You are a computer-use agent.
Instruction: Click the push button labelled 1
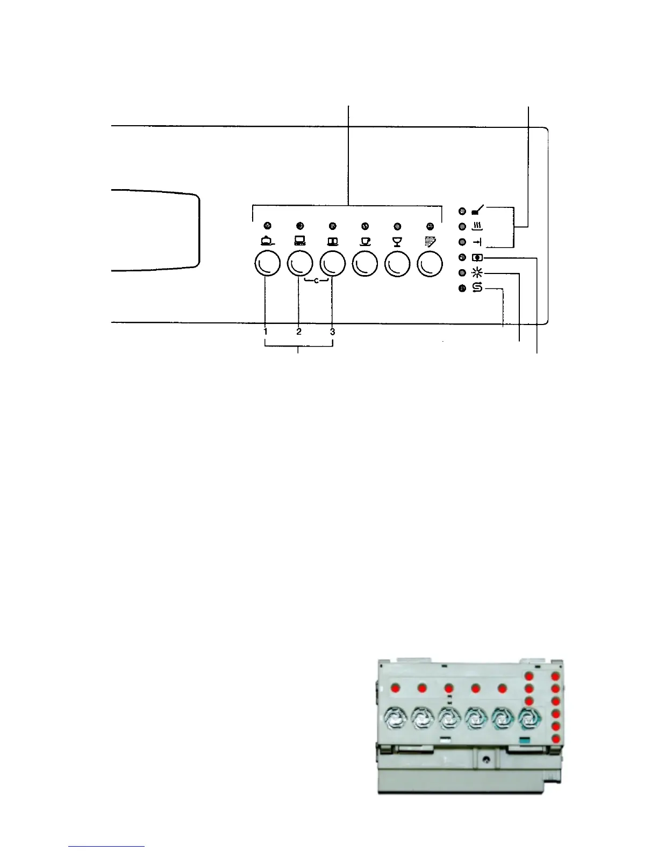click(x=267, y=264)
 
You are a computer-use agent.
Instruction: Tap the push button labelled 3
click(x=332, y=264)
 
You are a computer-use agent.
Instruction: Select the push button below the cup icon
click(x=365, y=264)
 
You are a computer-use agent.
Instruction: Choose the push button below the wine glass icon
click(x=398, y=264)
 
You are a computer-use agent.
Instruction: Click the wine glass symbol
click(x=397, y=242)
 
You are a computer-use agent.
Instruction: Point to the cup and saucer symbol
click(x=365, y=242)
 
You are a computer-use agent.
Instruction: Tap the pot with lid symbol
click(x=267, y=242)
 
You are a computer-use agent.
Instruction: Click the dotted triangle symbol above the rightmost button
click(x=430, y=242)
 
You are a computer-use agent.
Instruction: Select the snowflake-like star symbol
click(x=477, y=273)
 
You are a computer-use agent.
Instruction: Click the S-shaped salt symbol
click(x=477, y=289)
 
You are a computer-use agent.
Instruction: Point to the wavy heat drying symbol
click(x=477, y=227)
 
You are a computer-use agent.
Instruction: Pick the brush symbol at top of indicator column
click(x=477, y=211)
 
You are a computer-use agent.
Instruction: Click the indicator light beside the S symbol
click(x=462, y=289)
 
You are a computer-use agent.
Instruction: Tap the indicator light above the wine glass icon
click(x=397, y=226)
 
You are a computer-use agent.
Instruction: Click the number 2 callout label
click(x=299, y=332)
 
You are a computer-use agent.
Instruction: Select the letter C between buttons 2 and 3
click(x=316, y=280)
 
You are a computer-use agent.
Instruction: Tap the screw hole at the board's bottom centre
click(x=486, y=759)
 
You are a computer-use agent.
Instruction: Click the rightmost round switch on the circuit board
click(x=529, y=717)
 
